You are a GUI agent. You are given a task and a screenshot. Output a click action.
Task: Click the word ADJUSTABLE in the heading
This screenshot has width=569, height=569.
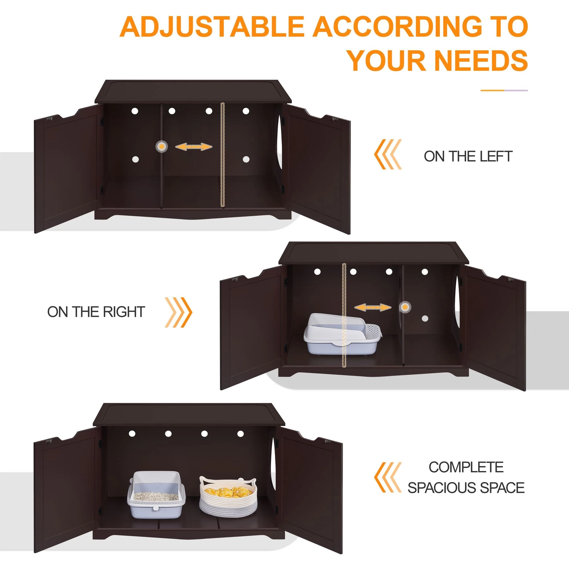[x=212, y=27]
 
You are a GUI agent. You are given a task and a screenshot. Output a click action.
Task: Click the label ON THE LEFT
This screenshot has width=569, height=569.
[x=468, y=156]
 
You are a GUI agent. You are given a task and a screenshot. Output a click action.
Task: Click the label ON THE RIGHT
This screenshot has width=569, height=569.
[x=96, y=312]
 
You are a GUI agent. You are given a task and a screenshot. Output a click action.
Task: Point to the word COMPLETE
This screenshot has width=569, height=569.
[x=466, y=468]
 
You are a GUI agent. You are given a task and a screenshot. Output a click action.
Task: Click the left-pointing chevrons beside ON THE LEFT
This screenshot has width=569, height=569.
[x=388, y=154]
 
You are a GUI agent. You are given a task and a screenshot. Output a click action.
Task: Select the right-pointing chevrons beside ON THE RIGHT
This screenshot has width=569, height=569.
[x=178, y=312]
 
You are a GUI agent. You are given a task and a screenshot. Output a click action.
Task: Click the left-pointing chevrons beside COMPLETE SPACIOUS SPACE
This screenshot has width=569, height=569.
[x=388, y=477]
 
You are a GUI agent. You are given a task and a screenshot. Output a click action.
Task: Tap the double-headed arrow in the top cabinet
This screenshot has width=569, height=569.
[x=193, y=147]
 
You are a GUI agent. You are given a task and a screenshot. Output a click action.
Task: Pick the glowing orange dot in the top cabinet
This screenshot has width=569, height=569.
[x=162, y=147]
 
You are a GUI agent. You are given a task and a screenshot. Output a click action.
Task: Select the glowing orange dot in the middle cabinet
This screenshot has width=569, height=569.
[x=405, y=307]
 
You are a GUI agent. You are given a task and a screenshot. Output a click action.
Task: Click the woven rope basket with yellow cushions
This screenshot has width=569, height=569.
[x=228, y=496]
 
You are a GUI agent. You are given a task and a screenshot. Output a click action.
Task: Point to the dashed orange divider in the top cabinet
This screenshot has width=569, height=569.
[x=222, y=155]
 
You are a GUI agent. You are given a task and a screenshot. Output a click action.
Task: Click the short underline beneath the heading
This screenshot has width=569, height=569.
[x=504, y=90]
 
